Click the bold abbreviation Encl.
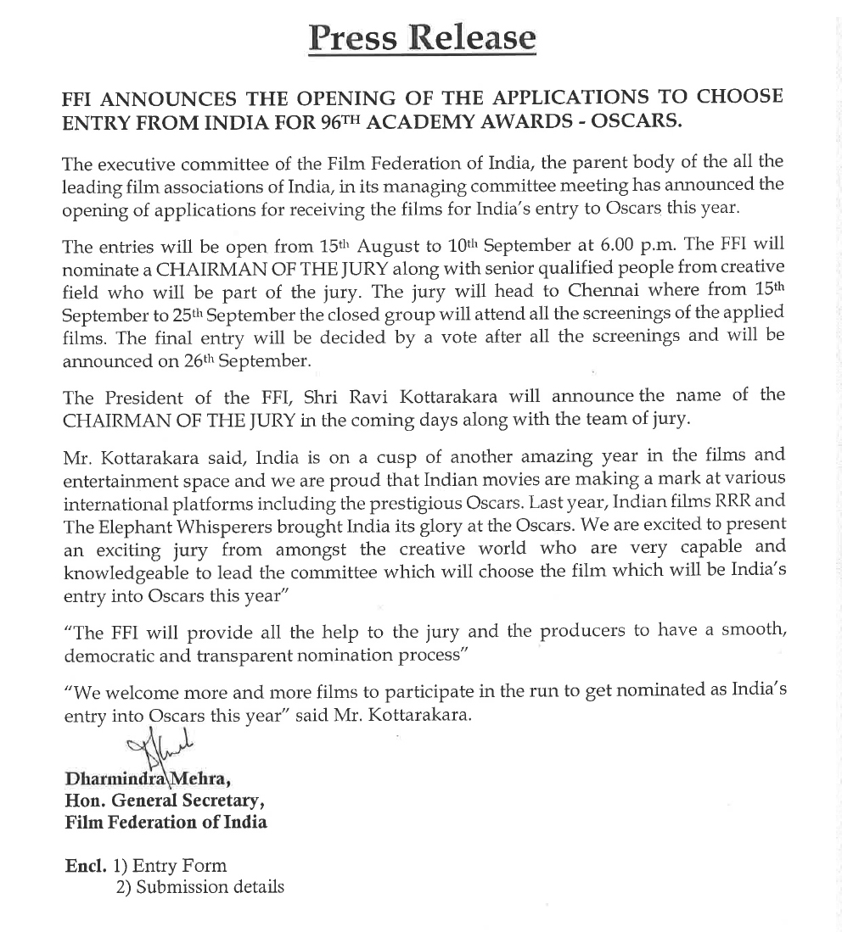(86, 866)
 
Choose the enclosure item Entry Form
(180, 866)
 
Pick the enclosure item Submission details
(210, 888)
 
